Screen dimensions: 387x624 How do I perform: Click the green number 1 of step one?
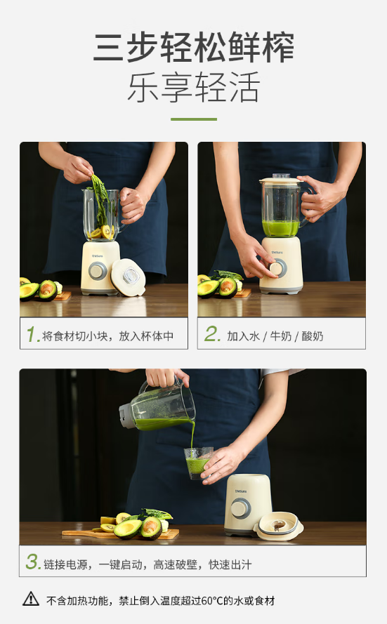click(32, 334)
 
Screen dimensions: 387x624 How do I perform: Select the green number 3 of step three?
click(32, 562)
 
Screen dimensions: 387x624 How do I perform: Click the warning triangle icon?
click(31, 599)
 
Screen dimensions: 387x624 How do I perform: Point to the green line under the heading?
click(194, 119)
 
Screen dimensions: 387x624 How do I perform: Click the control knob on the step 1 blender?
click(98, 271)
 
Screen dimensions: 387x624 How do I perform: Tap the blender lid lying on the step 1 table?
click(128, 277)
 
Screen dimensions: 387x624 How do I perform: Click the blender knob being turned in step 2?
click(277, 268)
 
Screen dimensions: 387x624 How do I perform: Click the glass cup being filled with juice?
click(197, 463)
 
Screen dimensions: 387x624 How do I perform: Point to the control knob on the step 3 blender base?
click(241, 507)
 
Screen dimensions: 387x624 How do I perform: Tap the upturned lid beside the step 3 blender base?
click(279, 526)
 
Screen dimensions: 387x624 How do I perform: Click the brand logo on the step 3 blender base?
click(241, 491)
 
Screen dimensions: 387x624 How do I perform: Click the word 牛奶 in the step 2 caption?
click(281, 336)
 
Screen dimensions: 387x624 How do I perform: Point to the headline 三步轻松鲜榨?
click(194, 47)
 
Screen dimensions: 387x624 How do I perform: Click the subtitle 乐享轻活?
click(194, 87)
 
